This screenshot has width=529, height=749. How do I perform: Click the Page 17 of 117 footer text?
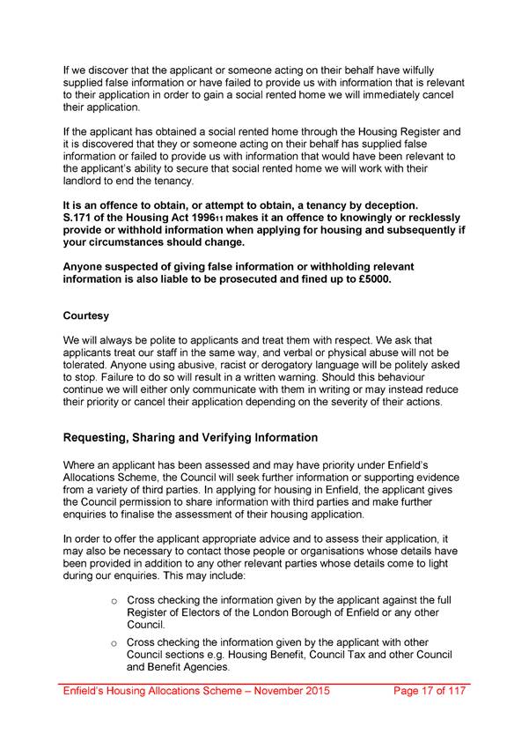pos(429,693)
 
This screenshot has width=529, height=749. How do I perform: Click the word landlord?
pos(84,182)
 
